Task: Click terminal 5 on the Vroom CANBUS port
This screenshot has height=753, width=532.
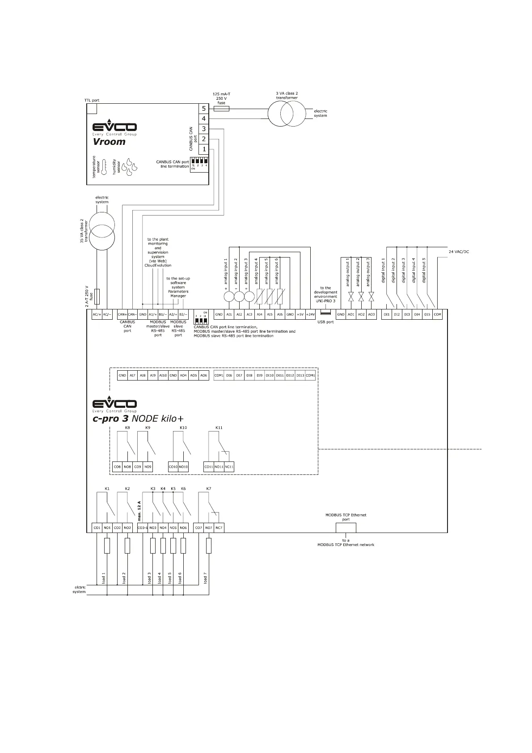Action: click(x=204, y=109)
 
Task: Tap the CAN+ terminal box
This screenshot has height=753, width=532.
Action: click(x=122, y=314)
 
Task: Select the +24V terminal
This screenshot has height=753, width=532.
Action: click(x=310, y=314)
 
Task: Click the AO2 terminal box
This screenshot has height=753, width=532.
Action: click(x=361, y=314)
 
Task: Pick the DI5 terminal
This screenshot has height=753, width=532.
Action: click(x=427, y=314)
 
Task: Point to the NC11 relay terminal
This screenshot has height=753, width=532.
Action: click(x=229, y=467)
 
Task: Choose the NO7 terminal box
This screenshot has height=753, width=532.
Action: click(x=209, y=528)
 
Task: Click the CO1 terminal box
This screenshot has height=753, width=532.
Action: click(x=97, y=528)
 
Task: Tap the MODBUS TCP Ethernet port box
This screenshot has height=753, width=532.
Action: click(x=346, y=528)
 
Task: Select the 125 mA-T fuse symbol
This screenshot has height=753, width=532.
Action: click(x=221, y=109)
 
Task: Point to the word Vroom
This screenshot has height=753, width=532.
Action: click(x=109, y=142)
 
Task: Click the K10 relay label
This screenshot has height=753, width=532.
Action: click(x=183, y=427)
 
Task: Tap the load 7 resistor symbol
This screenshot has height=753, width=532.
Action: click(x=209, y=546)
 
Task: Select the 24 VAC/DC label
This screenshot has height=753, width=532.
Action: click(x=459, y=252)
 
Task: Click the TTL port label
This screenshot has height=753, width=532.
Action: click(x=92, y=101)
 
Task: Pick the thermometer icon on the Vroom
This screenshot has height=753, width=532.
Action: click(x=104, y=166)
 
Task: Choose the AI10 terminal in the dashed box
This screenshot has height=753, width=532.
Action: click(x=163, y=376)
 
